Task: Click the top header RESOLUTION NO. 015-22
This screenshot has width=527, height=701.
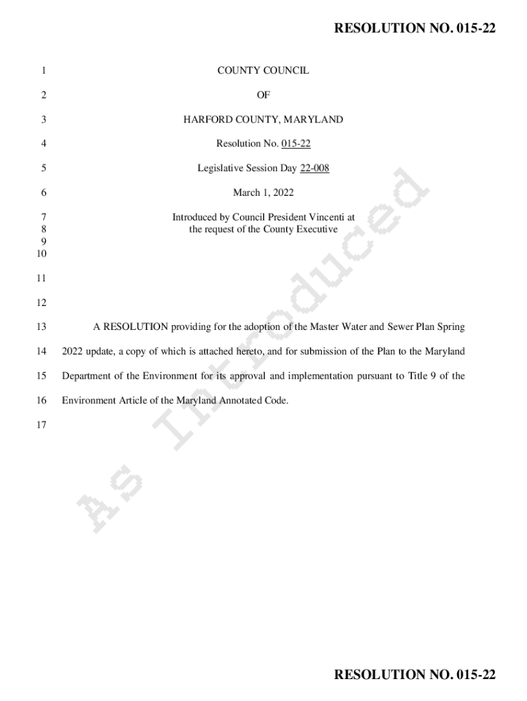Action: click(x=414, y=28)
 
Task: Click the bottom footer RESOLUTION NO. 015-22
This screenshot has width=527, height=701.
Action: click(x=414, y=675)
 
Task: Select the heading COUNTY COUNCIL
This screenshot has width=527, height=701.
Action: click(x=263, y=71)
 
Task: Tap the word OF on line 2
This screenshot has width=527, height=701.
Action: click(x=263, y=95)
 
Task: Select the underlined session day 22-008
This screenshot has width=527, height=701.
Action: click(x=314, y=168)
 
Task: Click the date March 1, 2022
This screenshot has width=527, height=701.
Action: click(x=263, y=193)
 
